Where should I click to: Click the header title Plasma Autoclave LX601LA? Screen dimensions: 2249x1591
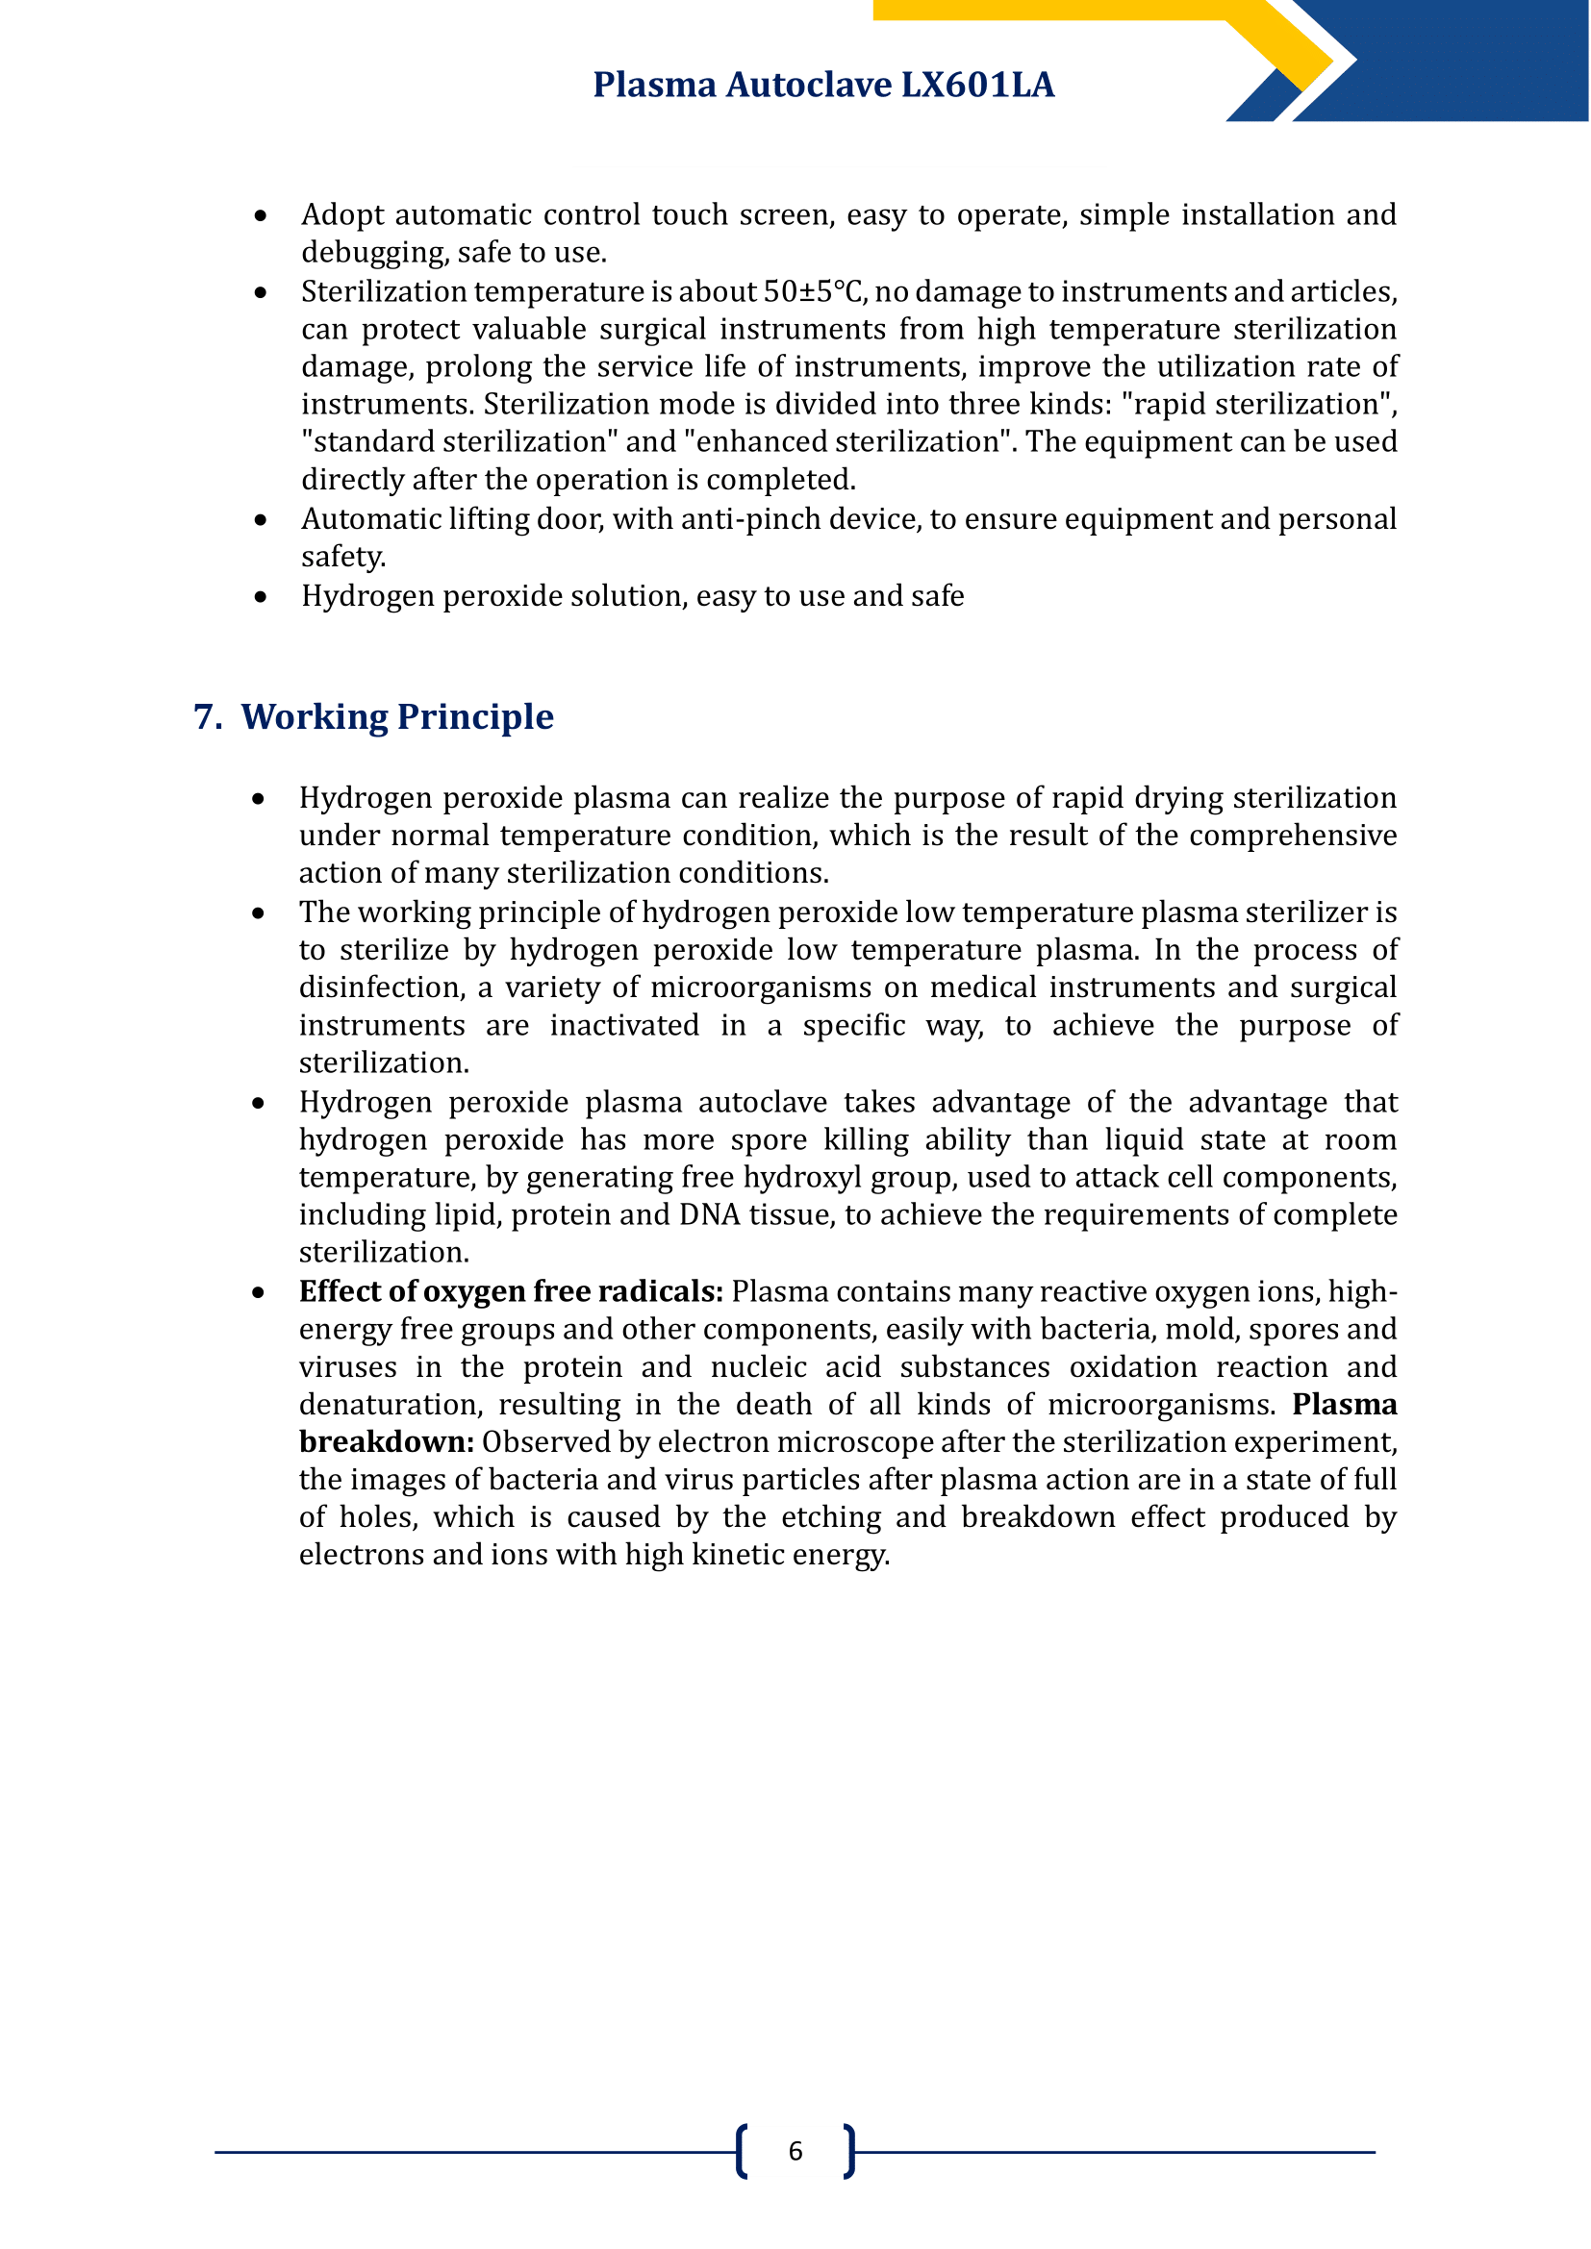pos(823,86)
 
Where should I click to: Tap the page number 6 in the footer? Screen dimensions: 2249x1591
pos(795,2151)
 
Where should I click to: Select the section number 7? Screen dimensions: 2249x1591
pos(207,717)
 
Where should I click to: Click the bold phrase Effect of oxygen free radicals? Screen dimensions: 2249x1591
pos(511,1292)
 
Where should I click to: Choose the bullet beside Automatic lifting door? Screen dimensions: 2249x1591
pos(260,519)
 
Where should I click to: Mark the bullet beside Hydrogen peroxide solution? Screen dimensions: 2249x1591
pos(260,596)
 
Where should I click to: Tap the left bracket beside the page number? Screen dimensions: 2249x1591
pos(742,2151)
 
